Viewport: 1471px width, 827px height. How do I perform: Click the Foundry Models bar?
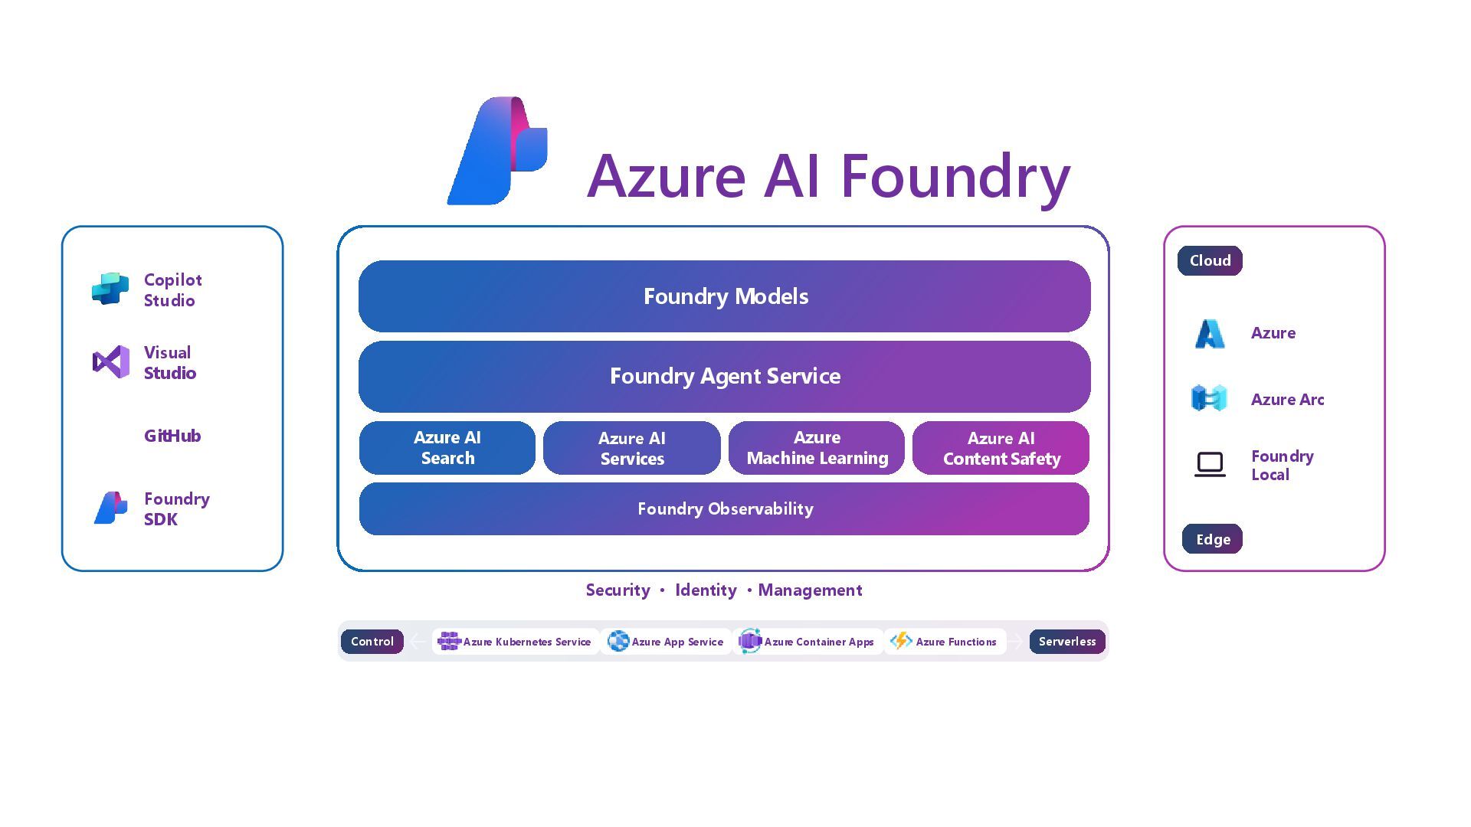[724, 296]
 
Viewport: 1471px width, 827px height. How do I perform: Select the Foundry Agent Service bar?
[724, 376]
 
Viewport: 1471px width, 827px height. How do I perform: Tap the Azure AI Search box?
[447, 448]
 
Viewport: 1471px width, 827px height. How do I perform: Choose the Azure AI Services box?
[632, 448]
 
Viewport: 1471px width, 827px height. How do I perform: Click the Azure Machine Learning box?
[817, 448]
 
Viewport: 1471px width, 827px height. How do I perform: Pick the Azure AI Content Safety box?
[1001, 448]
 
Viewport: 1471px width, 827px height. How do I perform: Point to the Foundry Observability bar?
[724, 508]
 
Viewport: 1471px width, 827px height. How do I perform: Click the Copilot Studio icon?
[110, 289]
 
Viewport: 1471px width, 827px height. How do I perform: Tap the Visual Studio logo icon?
[111, 361]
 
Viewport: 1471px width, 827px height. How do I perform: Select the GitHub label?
[172, 436]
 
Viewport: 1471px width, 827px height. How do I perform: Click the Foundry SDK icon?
[110, 508]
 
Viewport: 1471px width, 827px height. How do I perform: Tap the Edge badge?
[1212, 539]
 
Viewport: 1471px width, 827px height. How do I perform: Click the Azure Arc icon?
[1209, 398]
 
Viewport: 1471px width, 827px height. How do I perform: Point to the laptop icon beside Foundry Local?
[1210, 464]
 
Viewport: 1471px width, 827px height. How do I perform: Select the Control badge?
[372, 642]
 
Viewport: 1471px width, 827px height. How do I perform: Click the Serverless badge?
[1066, 642]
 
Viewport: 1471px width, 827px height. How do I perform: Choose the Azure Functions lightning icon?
[901, 640]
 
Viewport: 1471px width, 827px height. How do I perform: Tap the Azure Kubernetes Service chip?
[515, 642]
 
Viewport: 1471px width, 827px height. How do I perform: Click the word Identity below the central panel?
[706, 590]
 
